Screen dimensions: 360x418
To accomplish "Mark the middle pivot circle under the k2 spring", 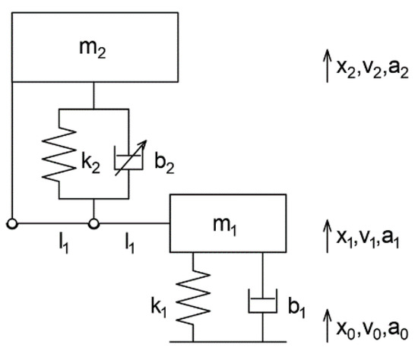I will click(93, 223).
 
